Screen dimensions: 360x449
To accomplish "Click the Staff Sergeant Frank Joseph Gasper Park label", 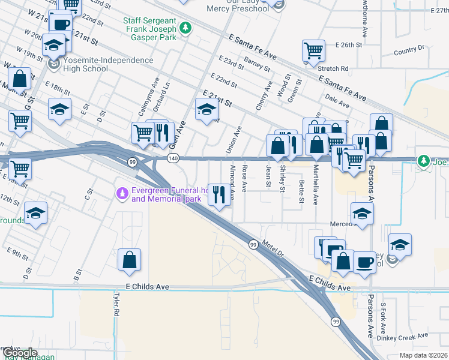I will click(x=149, y=28).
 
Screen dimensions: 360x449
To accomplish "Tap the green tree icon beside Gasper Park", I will click(x=186, y=28).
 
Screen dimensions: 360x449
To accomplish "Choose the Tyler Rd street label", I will click(x=112, y=305).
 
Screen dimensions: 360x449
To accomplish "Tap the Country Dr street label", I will click(x=409, y=50).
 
